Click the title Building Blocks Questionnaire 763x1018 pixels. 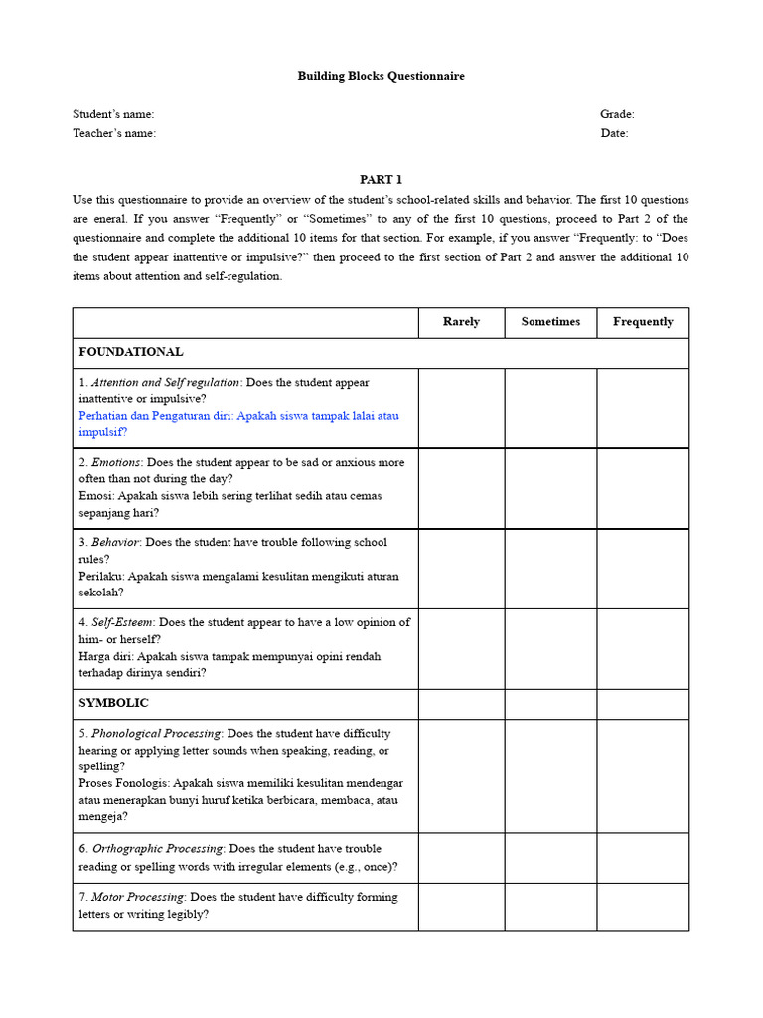click(381, 76)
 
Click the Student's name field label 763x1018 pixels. click(113, 114)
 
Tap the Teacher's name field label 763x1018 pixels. click(114, 133)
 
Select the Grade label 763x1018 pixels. click(617, 114)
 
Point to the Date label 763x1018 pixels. click(614, 133)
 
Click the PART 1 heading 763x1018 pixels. click(381, 180)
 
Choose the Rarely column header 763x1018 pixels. click(461, 322)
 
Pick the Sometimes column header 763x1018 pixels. click(550, 322)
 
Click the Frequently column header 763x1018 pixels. click(643, 322)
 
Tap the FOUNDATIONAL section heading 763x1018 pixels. click(131, 352)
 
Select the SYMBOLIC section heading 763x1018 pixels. click(114, 703)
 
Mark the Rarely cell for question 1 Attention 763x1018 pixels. click(461, 408)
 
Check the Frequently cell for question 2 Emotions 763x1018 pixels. click(643, 488)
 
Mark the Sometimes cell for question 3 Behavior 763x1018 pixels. click(550, 569)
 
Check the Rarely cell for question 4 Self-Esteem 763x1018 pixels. click(461, 649)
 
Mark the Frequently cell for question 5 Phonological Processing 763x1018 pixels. click(643, 775)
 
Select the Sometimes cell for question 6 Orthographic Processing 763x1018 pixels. click(550, 858)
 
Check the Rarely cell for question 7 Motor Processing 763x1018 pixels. click(461, 907)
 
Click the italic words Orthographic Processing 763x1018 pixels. click(159, 849)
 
